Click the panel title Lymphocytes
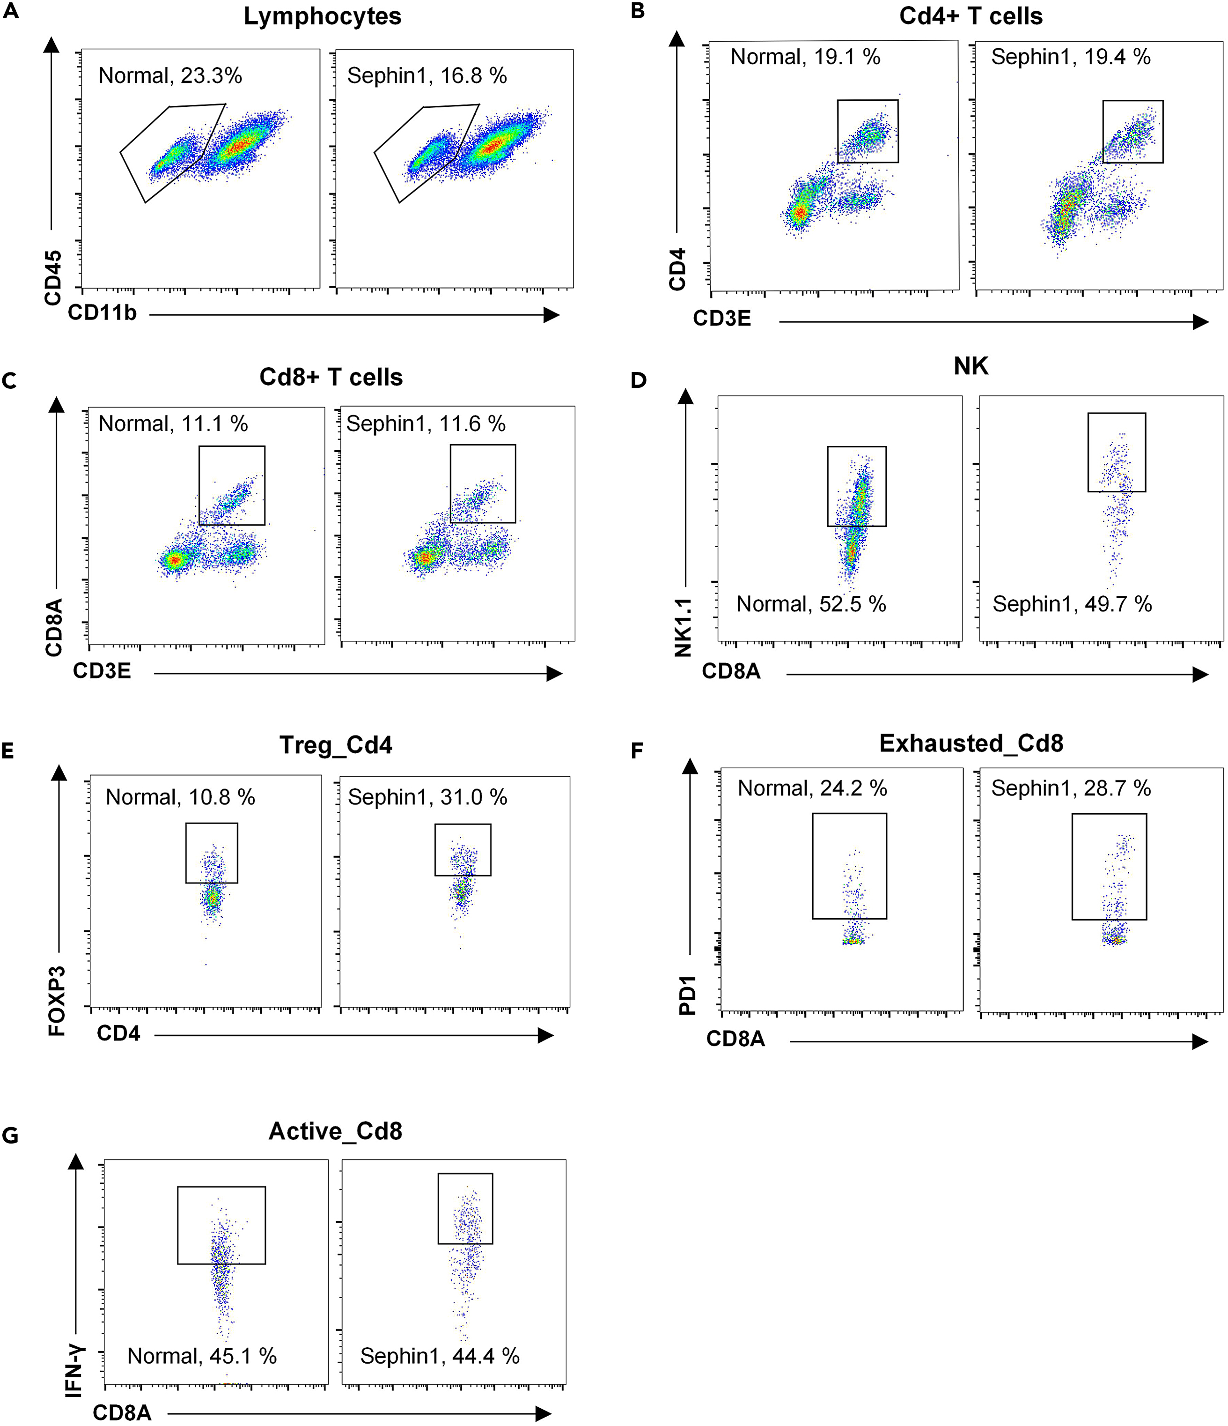(322, 16)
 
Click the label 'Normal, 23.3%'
(170, 76)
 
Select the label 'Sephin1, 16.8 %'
(426, 76)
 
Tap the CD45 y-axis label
(53, 277)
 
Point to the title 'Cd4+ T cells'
(970, 16)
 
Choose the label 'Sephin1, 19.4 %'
(1070, 57)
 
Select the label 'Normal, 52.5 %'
(811, 604)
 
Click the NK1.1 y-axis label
(683, 627)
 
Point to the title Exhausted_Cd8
(971, 743)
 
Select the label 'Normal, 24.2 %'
(812, 788)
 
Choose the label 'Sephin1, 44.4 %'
(440, 1356)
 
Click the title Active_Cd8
(335, 1131)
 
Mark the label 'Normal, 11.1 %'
(173, 423)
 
